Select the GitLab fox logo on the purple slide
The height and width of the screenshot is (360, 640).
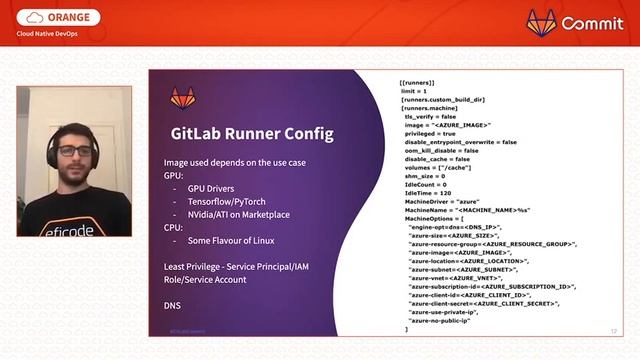[183, 98]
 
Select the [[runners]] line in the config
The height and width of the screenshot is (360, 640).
[416, 82]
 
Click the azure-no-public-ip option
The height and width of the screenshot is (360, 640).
[445, 320]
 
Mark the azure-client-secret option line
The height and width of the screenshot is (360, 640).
[483, 303]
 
